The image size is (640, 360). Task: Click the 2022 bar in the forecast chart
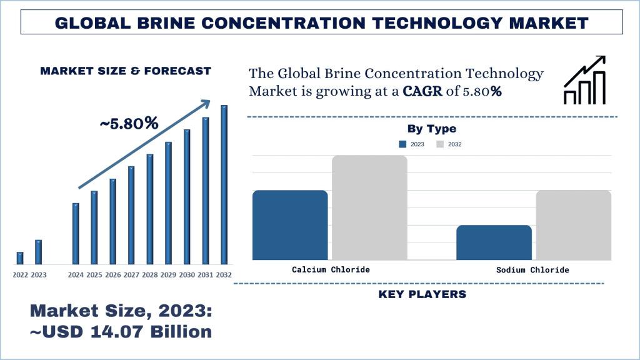click(x=20, y=257)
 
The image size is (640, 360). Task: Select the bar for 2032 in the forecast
click(x=224, y=184)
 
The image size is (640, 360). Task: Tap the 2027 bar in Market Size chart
click(x=131, y=214)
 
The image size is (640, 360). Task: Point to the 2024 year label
click(x=76, y=274)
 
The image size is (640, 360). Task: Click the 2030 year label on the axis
click(x=187, y=274)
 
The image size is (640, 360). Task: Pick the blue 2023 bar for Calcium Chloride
click(x=290, y=225)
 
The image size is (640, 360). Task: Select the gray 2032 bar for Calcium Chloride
click(x=369, y=207)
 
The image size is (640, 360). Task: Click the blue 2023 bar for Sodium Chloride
click(x=494, y=242)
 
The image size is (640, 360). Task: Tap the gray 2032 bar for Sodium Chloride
click(x=573, y=225)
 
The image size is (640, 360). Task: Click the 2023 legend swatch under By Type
click(x=402, y=144)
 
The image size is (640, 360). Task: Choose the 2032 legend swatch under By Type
click(x=440, y=144)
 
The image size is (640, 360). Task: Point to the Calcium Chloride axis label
click(x=331, y=270)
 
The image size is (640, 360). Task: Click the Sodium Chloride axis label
click(x=532, y=270)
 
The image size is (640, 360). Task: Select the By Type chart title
click(x=432, y=129)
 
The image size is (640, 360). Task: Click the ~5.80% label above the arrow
click(x=129, y=123)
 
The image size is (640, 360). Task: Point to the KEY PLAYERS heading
click(x=422, y=294)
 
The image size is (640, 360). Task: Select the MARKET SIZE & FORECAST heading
click(x=126, y=71)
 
